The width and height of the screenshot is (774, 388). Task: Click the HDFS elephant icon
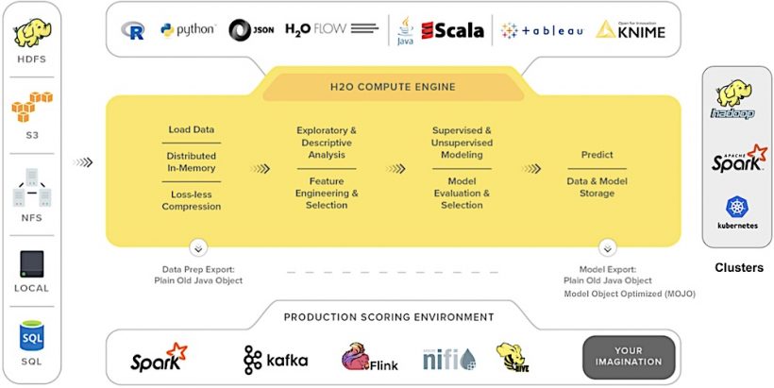tap(32, 34)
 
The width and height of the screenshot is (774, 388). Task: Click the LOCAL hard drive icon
tap(31, 261)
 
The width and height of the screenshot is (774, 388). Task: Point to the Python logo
tap(188, 30)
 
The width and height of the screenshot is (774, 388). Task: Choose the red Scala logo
tap(453, 30)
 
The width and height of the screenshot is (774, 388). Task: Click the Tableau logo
tap(541, 30)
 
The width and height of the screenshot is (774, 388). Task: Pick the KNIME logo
tap(631, 30)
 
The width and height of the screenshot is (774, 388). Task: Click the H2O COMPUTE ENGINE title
tap(393, 87)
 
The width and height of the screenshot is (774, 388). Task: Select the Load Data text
tap(192, 130)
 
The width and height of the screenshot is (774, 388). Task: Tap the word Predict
tap(597, 155)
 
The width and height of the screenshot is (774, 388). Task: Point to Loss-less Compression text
tap(192, 200)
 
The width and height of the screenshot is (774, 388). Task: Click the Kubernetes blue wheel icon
tap(737, 208)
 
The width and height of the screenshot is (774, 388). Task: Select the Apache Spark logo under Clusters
tap(738, 159)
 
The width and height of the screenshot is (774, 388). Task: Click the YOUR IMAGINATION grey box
tap(629, 357)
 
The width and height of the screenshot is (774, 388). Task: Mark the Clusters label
tap(738, 267)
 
